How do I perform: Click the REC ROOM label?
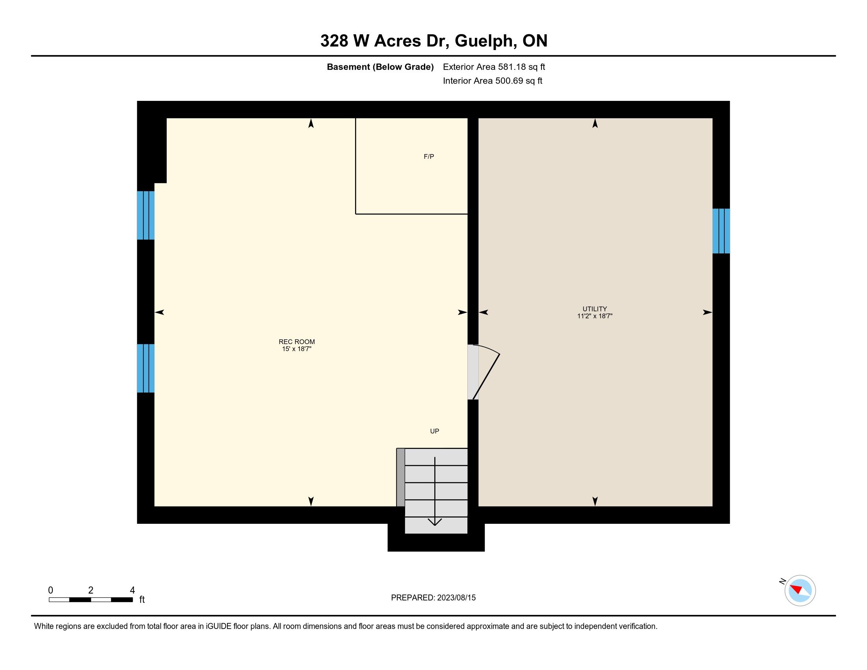pos(296,342)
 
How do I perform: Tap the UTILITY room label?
pos(595,309)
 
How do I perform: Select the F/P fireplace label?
pos(429,157)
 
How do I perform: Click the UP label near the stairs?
pos(435,431)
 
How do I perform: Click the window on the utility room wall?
pos(721,231)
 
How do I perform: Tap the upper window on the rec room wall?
pos(146,216)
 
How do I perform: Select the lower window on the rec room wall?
pos(146,368)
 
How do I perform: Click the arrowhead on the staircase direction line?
pos(435,523)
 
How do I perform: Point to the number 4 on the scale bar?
pos(132,590)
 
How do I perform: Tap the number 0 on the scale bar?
pos(51,590)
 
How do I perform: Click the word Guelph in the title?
pos(486,41)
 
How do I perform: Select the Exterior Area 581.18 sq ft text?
pos(494,67)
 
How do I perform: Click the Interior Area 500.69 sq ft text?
pos(493,81)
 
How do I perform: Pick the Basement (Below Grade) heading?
pos(380,67)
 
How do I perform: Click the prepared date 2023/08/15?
pos(456,598)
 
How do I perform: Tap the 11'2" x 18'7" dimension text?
pos(595,316)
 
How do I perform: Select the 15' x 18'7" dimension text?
pos(296,349)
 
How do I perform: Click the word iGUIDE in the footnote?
pos(218,626)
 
